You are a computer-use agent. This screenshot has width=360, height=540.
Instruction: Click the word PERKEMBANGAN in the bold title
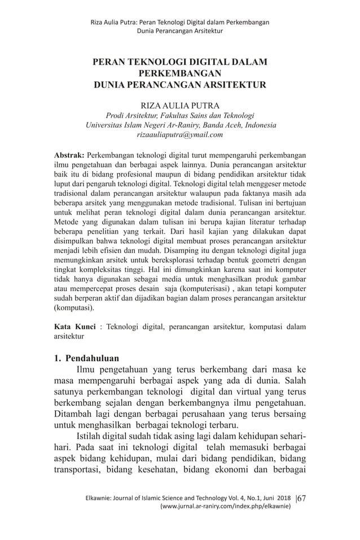180,73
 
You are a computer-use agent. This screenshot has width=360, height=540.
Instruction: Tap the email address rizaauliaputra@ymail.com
180,135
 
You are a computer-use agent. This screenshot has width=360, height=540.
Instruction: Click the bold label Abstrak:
69,154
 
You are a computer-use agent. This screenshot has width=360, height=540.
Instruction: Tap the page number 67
301,498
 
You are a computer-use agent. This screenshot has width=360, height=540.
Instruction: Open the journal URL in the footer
226,507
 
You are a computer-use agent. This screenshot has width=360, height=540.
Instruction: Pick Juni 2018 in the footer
276,498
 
